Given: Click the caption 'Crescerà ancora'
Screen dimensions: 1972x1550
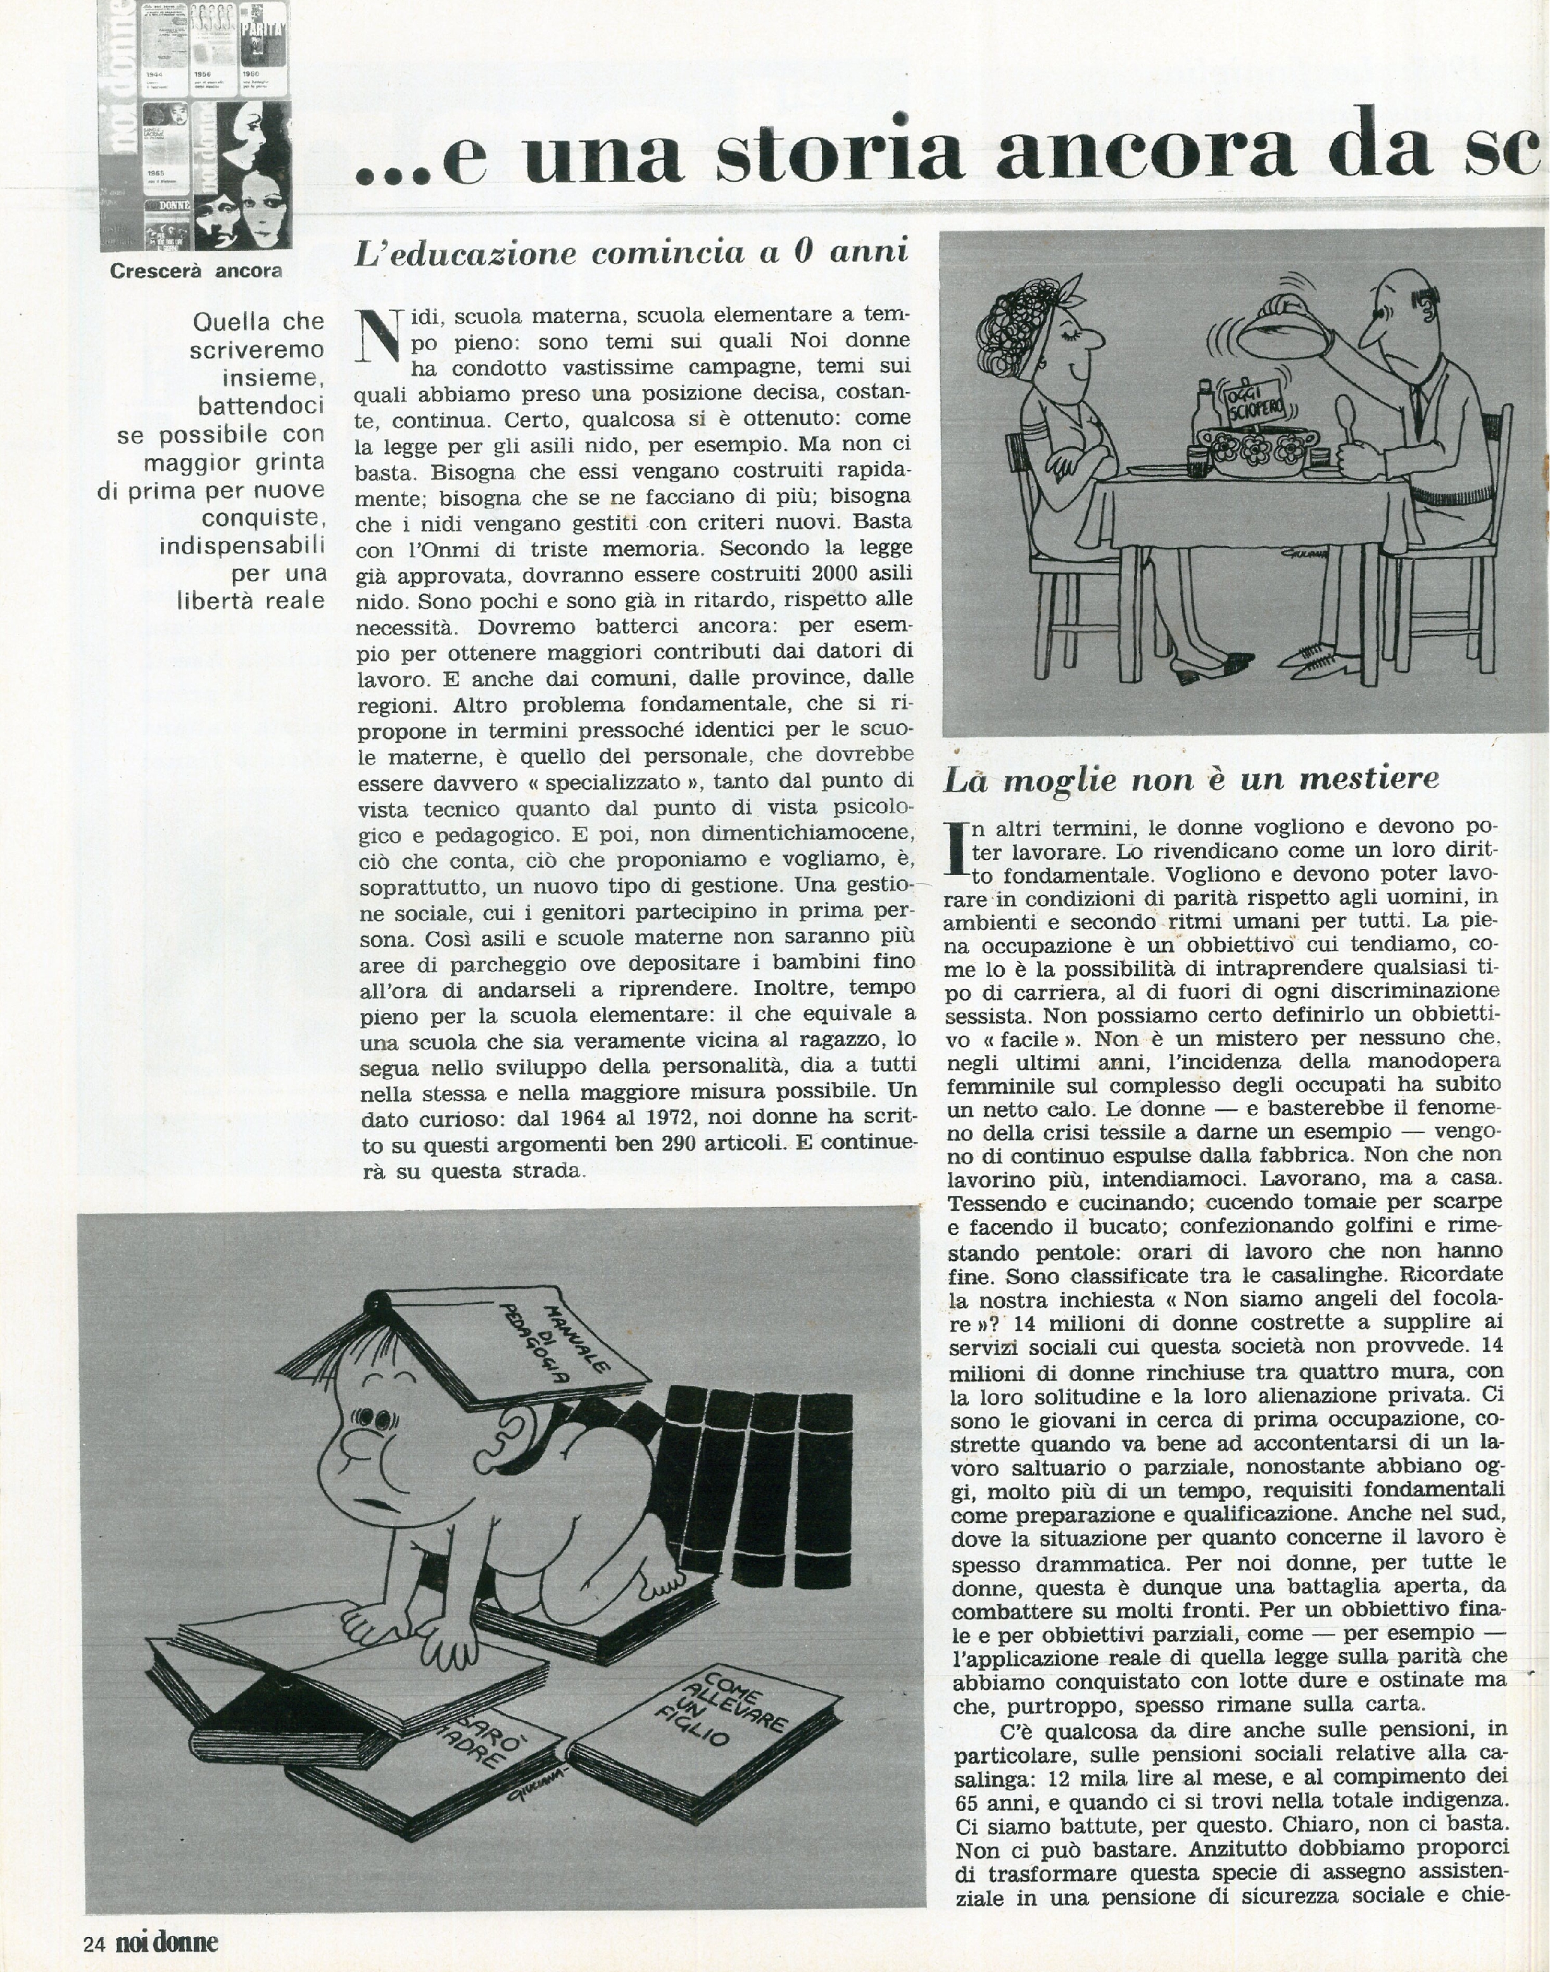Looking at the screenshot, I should click(195, 270).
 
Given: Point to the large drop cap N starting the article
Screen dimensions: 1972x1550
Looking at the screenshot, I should click(379, 336).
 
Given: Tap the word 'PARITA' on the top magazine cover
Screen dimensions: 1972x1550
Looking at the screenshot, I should click(262, 37).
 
